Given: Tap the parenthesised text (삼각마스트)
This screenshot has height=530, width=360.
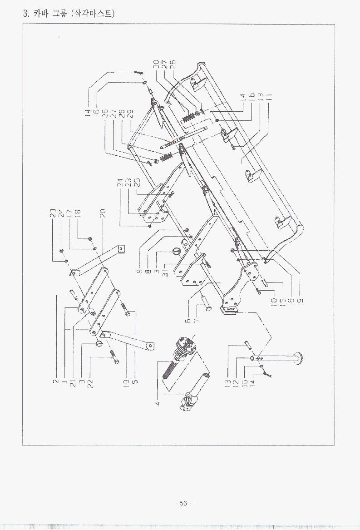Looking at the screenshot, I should (x=93, y=14).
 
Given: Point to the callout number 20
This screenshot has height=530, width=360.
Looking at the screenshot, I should (x=103, y=212).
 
